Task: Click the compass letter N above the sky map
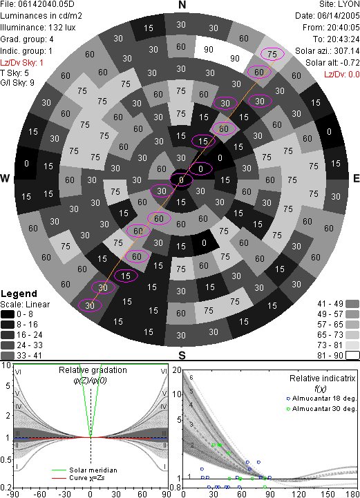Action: (182, 5)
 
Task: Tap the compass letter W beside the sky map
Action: (5, 178)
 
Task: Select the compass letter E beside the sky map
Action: (356, 178)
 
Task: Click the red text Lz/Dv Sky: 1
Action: (21, 63)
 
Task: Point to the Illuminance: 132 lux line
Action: (38, 28)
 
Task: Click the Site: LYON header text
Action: (339, 4)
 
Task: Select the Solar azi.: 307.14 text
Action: (328, 51)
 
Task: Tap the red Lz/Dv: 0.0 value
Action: (342, 75)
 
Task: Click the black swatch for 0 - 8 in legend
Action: (8, 314)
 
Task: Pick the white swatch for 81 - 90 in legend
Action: (352, 355)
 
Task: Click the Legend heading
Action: (19, 294)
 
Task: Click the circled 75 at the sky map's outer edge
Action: (272, 54)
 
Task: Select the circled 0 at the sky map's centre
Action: (181, 180)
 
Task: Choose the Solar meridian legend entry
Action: (84, 470)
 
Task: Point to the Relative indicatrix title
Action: (322, 379)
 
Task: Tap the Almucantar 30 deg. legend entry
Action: (321, 409)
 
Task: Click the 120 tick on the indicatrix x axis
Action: (299, 494)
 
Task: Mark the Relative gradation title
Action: (93, 370)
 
